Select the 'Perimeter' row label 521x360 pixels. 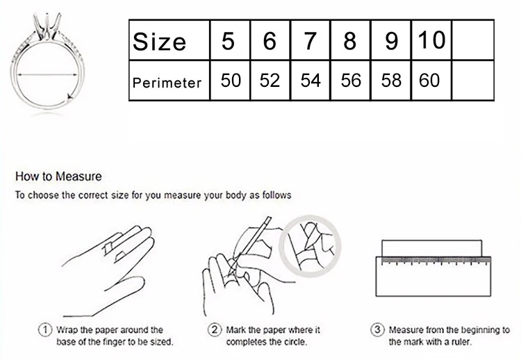tap(167, 82)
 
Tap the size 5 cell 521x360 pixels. tap(229, 40)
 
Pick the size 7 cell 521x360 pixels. tap(311, 40)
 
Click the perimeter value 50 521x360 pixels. tap(230, 81)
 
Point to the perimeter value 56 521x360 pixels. tap(351, 81)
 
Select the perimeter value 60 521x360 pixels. tap(430, 81)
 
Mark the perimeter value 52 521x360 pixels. tap(270, 81)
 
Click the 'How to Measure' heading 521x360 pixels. tap(58, 177)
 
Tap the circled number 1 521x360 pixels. tap(45, 329)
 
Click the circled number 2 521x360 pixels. tap(215, 329)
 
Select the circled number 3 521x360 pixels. tap(377, 329)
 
